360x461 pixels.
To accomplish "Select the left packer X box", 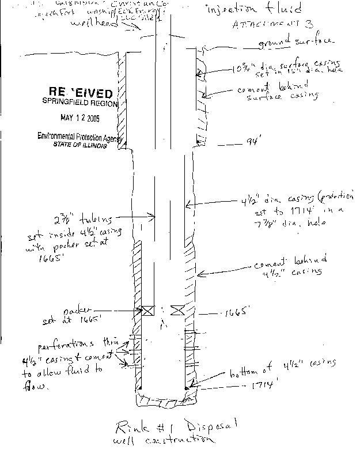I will point(148,310).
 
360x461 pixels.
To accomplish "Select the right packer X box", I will point(177,310).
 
